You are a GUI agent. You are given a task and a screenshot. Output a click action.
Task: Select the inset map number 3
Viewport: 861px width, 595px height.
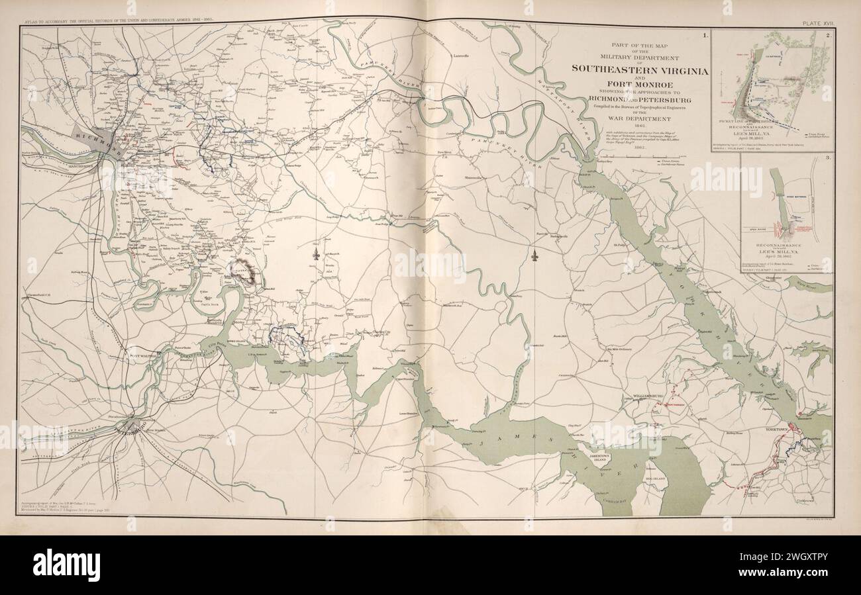(829, 158)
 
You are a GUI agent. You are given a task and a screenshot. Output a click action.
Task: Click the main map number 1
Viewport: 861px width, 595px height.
(705, 34)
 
